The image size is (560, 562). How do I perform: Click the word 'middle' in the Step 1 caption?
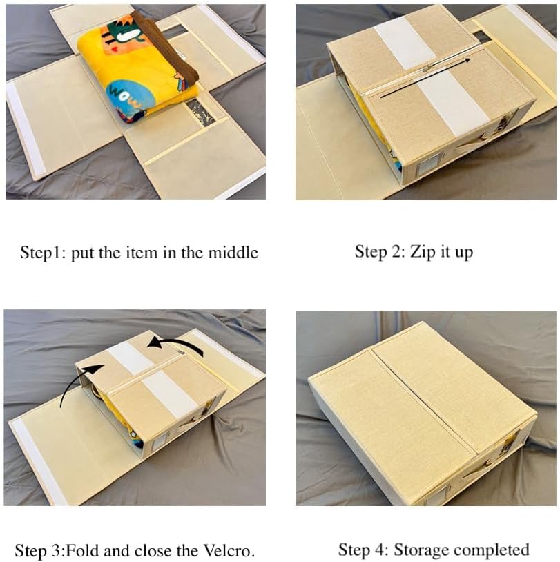point(233,252)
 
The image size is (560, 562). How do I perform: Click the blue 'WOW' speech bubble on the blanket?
point(126,97)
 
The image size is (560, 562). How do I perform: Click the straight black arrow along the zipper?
point(425,78)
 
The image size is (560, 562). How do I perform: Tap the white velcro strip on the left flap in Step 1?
point(26,129)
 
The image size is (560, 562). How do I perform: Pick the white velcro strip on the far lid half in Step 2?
point(405,42)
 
